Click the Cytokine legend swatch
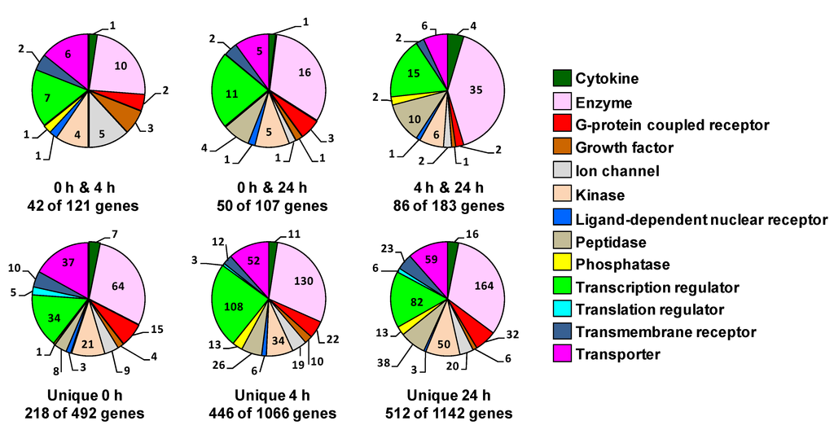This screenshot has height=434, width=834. pyautogui.click(x=562, y=79)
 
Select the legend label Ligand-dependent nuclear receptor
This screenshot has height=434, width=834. pyautogui.click(x=701, y=220)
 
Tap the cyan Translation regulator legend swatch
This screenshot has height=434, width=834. pyautogui.click(x=562, y=309)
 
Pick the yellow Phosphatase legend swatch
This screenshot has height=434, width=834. pyautogui.click(x=562, y=265)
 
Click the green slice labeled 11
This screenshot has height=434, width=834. pyautogui.click(x=231, y=94)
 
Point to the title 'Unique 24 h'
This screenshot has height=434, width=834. pyautogui.click(x=447, y=396)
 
